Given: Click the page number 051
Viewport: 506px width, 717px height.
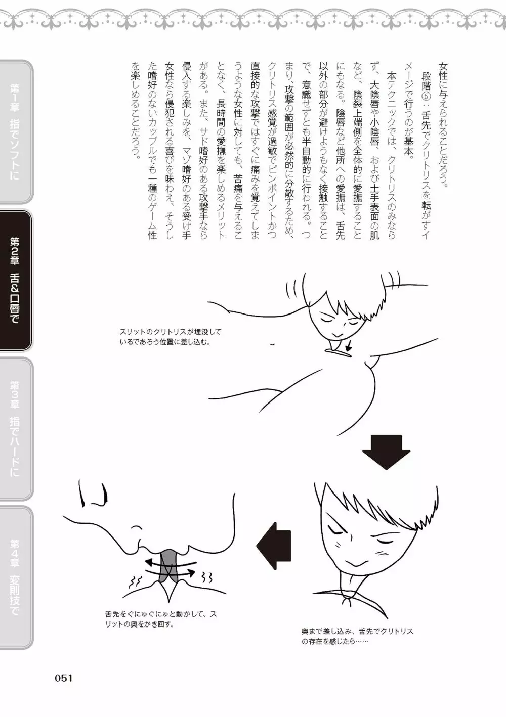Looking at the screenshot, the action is tap(64, 678).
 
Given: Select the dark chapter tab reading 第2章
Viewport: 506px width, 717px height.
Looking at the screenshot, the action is tap(16, 280).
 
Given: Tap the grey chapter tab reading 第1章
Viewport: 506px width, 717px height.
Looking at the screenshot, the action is tap(16, 131).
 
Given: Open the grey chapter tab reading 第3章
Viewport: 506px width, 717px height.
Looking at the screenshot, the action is tap(16, 429).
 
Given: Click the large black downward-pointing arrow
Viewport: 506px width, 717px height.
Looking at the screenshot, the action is tap(386, 452).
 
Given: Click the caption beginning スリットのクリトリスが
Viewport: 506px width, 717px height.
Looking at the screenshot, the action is tap(170, 336).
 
